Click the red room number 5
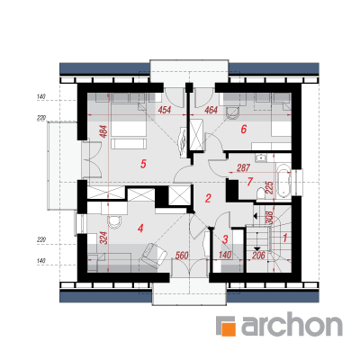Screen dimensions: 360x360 143,164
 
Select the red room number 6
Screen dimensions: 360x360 244,130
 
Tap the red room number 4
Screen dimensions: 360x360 140,229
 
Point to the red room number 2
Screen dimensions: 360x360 208,198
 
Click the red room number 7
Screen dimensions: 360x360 249,182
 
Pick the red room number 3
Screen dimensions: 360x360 225,239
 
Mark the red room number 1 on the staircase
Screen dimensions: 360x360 285,238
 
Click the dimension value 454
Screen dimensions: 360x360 165,110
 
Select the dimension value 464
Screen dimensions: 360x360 211,110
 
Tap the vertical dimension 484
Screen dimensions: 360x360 103,130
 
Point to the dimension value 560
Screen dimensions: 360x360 182,256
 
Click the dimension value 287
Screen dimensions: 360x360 243,167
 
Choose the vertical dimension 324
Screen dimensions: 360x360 103,238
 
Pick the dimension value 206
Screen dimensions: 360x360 258,256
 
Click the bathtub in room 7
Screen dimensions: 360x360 283,181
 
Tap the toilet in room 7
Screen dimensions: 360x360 261,193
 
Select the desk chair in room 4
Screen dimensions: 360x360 114,221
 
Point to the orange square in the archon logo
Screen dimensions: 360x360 227,328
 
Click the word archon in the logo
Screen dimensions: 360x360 292,326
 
